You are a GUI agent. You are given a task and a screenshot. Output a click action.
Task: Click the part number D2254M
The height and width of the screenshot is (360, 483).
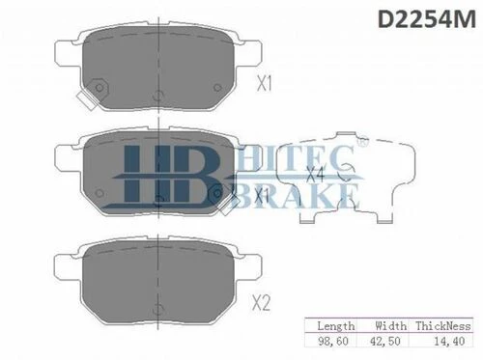426,19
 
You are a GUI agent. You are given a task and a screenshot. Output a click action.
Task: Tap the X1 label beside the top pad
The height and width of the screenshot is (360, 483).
265,83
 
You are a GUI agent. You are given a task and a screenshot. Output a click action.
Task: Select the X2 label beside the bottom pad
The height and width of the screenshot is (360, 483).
261,303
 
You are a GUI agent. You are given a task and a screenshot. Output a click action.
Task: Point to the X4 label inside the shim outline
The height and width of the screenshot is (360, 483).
315,174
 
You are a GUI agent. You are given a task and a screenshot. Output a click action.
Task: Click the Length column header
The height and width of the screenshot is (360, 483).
336,326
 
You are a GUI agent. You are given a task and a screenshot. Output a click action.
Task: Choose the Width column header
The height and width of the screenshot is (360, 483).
390,325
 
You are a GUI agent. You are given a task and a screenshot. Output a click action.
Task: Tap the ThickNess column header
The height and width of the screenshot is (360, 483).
443,326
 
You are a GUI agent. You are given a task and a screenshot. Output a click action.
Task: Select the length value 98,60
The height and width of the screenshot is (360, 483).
333,341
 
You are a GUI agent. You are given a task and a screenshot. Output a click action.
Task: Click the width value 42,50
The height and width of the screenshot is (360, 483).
385,341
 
